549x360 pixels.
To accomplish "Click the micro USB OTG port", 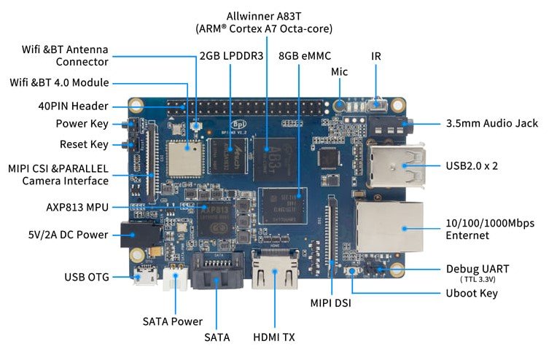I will (144, 278).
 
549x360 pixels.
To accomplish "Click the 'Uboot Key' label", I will (472, 293).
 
